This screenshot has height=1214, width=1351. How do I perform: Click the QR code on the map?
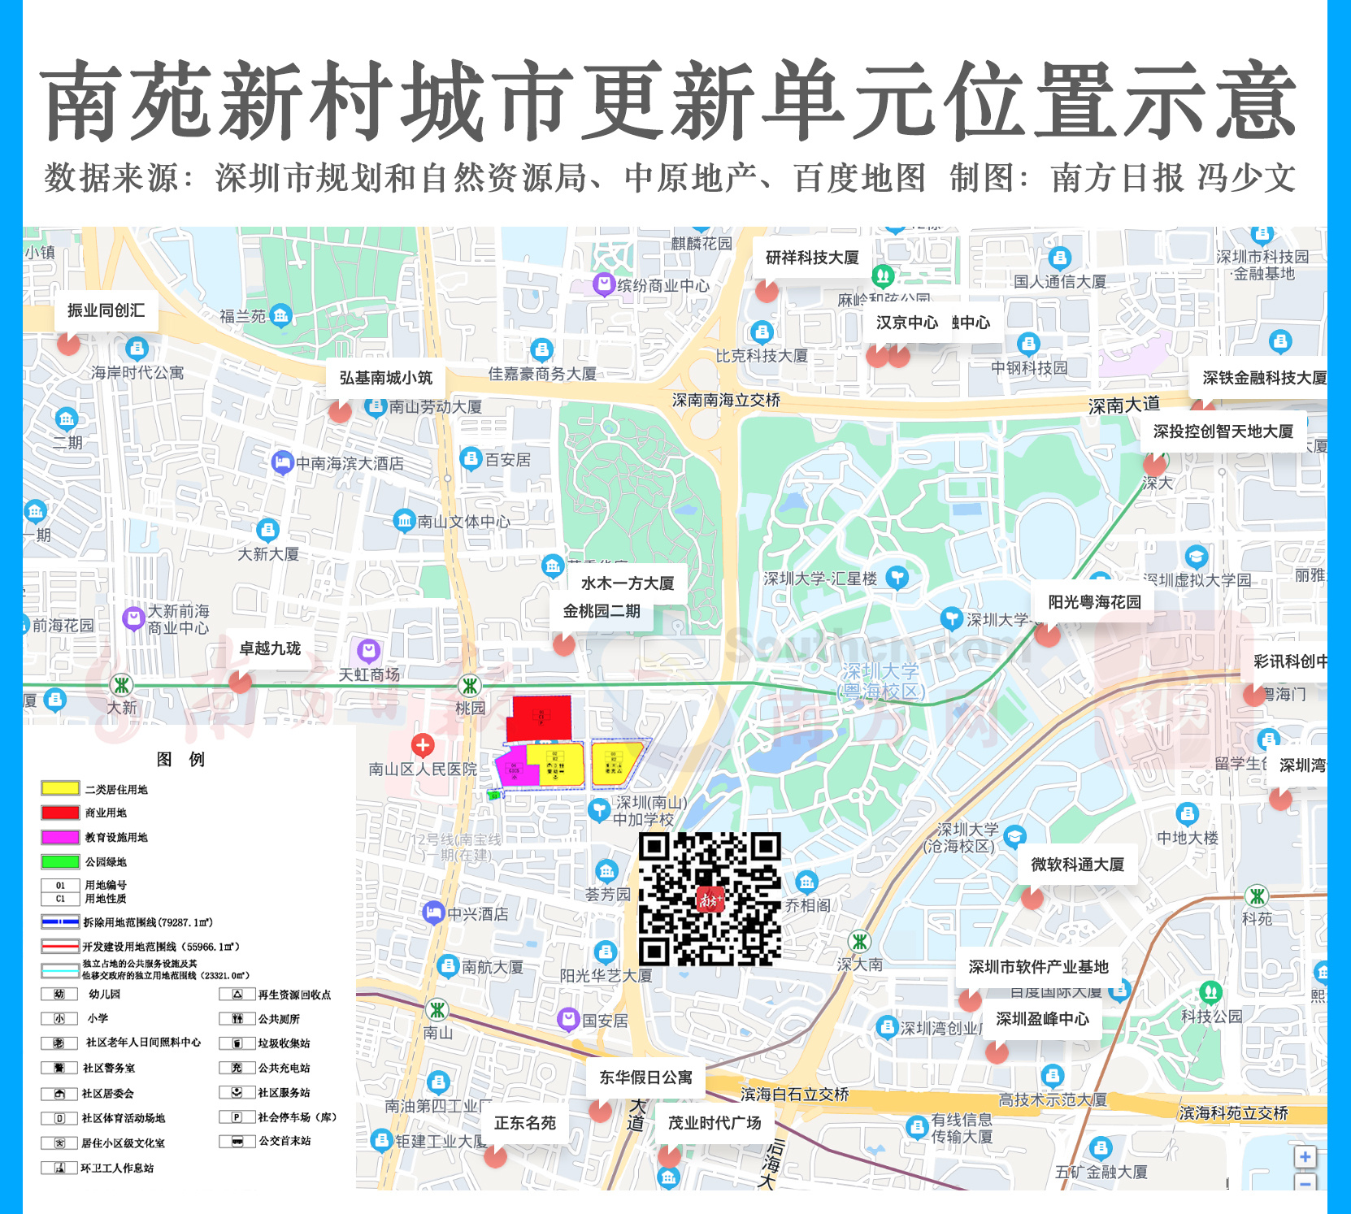pos(710,898)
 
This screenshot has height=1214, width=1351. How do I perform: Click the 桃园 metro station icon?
pos(469,686)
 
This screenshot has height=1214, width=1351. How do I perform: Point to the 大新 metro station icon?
pos(122,685)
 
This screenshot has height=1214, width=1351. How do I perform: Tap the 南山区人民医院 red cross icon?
pos(422,744)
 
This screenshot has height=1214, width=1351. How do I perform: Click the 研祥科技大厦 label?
pos(811,258)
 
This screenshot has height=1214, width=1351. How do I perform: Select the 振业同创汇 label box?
pos(106,310)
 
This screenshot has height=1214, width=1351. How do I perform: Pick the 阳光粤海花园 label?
pos(1094,602)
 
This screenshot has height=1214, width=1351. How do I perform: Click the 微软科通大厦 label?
pos(1077,865)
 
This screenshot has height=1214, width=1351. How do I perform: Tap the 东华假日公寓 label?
pos(646,1077)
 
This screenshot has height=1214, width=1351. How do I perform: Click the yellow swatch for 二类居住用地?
pos(60,788)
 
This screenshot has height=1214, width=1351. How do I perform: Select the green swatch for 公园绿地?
pos(60,861)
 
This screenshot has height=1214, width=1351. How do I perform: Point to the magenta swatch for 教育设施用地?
pos(60,837)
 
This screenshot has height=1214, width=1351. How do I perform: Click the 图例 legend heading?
pos(180,759)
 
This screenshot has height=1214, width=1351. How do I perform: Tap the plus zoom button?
pos(1305,1157)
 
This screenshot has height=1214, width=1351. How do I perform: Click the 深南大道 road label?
pos(1124,405)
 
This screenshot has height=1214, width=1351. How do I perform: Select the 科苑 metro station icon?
pos(1257,897)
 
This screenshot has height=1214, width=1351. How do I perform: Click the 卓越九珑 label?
pos(270,648)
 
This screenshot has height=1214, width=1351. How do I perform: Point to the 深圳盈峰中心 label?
pos(1042,1019)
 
